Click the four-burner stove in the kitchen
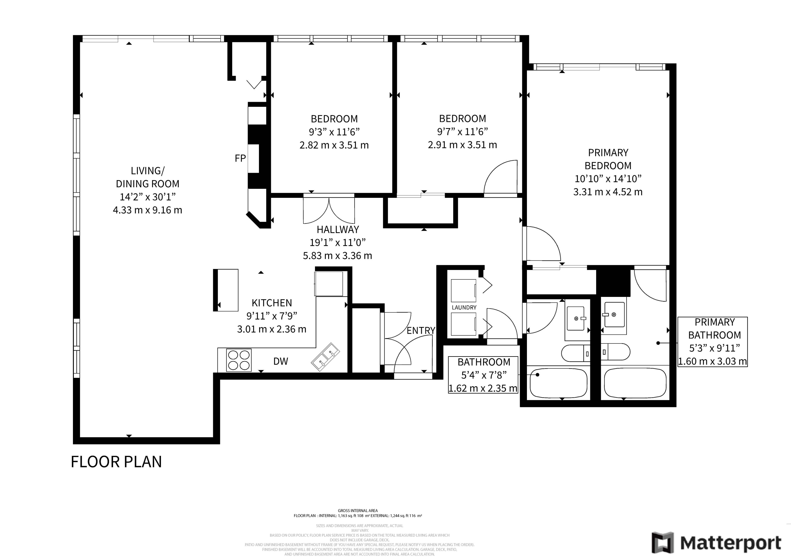(x=239, y=360)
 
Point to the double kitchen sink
(x=325, y=357)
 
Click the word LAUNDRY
(x=464, y=307)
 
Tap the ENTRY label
(x=421, y=331)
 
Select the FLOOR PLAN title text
(x=116, y=462)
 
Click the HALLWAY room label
(x=338, y=229)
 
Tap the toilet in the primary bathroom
(x=616, y=352)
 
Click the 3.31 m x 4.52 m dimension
(x=608, y=192)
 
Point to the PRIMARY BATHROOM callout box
(x=713, y=342)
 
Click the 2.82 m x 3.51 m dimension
(x=334, y=145)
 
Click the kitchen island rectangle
(x=226, y=290)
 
